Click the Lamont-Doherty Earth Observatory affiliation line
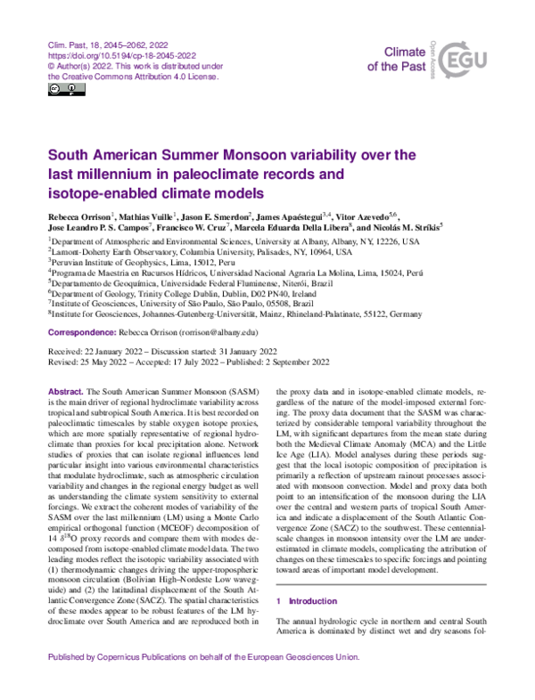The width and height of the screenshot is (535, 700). [201, 253]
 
